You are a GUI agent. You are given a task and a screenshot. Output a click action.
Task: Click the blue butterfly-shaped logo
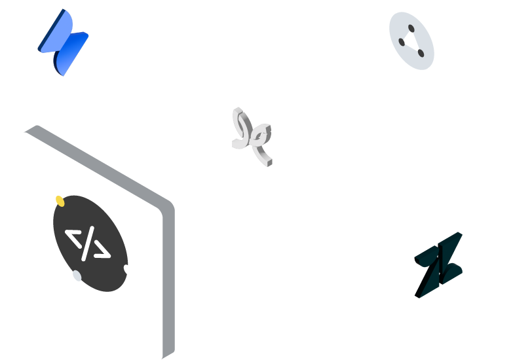click(64, 42)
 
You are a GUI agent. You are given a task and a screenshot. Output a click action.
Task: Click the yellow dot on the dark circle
click(60, 200)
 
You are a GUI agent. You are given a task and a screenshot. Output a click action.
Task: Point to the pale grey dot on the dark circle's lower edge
click(77, 276)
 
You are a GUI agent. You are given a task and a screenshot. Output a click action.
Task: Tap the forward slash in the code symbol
click(88, 243)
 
